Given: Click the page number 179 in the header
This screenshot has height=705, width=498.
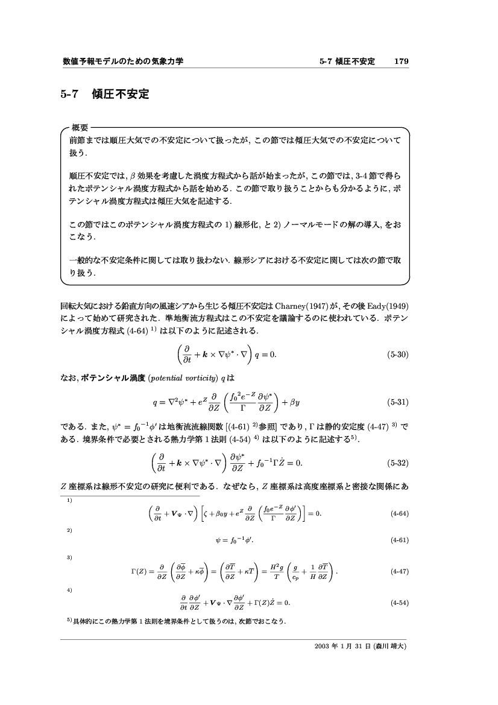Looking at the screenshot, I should click(402, 62).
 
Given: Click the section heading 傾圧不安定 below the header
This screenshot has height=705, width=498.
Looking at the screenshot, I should click(120, 95).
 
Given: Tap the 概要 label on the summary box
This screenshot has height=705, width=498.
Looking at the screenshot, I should click(80, 128).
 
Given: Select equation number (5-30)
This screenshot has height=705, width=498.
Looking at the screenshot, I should click(398, 354).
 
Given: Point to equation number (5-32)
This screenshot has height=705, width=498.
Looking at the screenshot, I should click(398, 463).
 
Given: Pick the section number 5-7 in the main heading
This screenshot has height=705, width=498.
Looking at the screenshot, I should click(70, 95).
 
